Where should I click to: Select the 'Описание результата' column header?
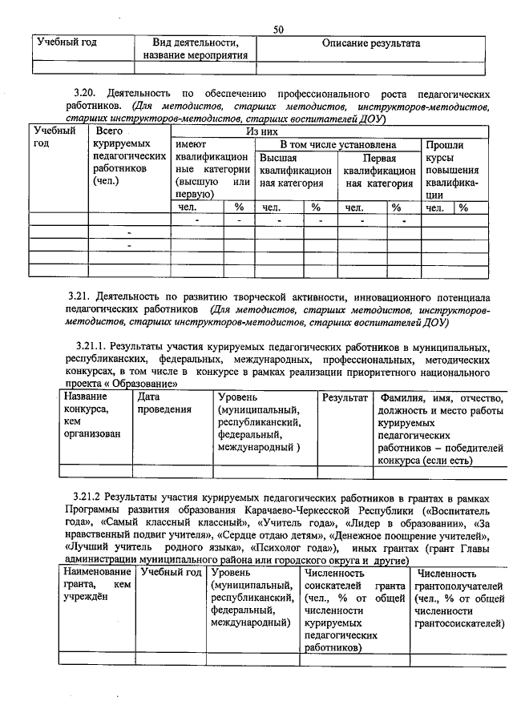pos(371,43)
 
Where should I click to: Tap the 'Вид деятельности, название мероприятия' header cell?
pos(196,49)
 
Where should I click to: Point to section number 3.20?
pos(83,94)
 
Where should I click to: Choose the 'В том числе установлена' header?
pos(337,144)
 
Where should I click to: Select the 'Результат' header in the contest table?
pos(345,397)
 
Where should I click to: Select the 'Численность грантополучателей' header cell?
pos(458,599)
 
